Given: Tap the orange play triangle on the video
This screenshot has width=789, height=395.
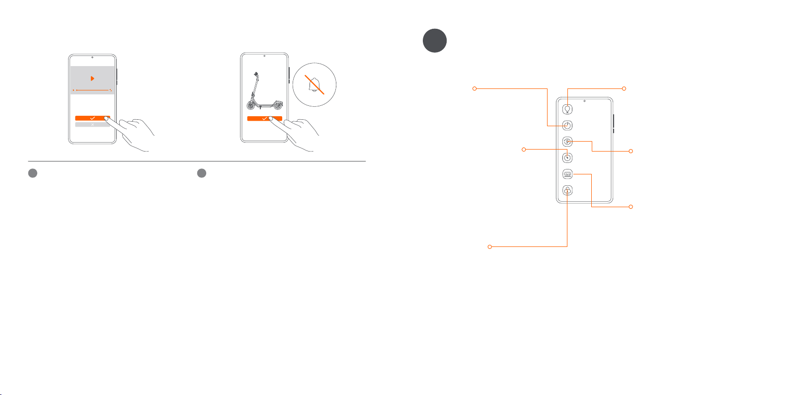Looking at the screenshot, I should [x=92, y=79].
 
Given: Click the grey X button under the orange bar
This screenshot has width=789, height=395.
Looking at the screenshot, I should [x=92, y=125].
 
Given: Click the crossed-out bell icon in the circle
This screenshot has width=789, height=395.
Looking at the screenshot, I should [x=315, y=85].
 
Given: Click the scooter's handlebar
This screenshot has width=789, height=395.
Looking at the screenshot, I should [x=256, y=75].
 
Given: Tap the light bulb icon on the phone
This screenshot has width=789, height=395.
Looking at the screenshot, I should [x=567, y=109].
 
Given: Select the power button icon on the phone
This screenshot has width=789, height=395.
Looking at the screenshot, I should [x=567, y=126].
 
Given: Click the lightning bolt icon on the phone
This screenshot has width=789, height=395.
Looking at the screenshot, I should [x=567, y=142].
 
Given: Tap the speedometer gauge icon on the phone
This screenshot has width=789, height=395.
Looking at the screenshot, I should [x=567, y=158].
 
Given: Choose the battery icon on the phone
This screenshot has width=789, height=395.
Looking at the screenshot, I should [x=567, y=174].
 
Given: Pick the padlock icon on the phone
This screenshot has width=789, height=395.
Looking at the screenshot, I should [x=567, y=190].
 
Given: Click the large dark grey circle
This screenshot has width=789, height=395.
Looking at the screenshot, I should [x=435, y=41].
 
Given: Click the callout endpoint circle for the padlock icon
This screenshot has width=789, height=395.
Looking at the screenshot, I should [x=490, y=246].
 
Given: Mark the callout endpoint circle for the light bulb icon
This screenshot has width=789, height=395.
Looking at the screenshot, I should [x=624, y=88].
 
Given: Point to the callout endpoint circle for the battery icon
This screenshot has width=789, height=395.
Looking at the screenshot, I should [x=631, y=206].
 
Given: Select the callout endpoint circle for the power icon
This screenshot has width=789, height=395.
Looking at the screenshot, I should [x=474, y=88].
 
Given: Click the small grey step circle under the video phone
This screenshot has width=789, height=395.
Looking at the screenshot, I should [x=33, y=173].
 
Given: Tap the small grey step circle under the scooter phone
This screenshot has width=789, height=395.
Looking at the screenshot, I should [x=202, y=173].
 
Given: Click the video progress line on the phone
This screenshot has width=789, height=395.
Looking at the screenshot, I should [x=93, y=90].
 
